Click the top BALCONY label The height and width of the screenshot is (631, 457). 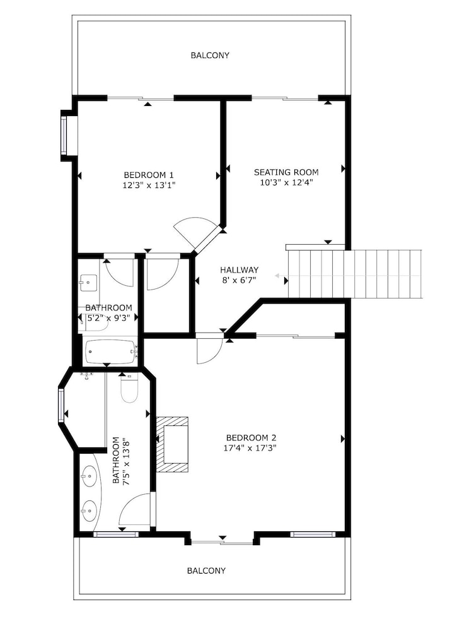(210, 55)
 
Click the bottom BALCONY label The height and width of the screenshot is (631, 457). (206, 570)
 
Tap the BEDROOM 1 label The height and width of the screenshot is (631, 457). (149, 175)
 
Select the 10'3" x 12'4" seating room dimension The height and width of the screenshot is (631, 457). (286, 182)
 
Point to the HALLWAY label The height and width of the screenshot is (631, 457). (239, 269)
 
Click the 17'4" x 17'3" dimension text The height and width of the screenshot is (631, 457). (251, 447)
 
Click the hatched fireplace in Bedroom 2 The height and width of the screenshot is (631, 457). (172, 444)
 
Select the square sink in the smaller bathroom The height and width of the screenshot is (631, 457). (88, 283)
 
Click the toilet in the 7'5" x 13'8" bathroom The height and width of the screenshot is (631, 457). (129, 389)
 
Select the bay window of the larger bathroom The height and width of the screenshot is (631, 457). (61, 405)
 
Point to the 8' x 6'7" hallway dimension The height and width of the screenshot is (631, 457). (239, 280)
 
